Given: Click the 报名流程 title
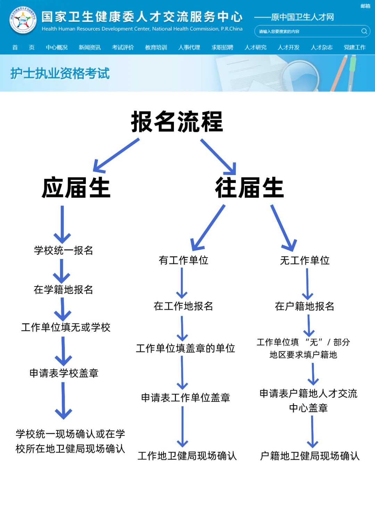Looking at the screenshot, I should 177,122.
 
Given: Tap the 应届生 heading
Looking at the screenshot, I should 76,187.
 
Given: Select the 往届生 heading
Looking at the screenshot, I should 249,187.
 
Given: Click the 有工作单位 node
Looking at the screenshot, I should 183,260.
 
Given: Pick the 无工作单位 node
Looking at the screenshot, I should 305,260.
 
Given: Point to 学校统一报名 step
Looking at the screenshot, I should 64,250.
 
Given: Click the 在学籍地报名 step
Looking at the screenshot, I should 64,289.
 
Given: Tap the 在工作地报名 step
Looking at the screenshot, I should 183,306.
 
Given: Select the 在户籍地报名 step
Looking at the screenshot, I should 305,306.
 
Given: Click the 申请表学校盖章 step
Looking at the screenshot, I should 64,373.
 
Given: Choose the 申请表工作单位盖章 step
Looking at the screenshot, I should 185,397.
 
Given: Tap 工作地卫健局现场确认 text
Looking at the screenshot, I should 187,456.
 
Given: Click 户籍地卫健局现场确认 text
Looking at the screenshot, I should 310,456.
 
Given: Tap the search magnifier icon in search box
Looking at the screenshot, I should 364,31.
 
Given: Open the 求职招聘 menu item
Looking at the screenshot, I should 222,47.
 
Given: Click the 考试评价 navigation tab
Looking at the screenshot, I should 123,47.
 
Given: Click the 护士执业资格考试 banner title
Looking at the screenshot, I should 60,73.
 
